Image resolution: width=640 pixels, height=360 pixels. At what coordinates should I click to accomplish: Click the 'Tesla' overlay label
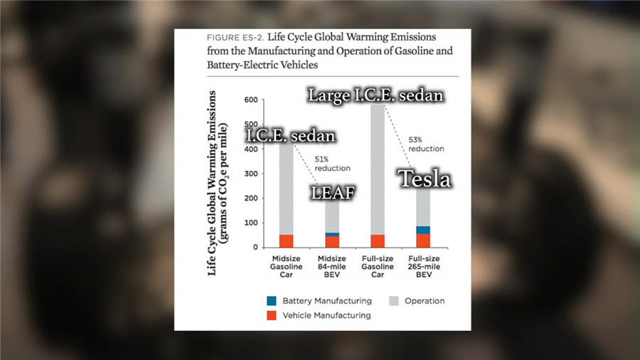pyautogui.click(x=424, y=179)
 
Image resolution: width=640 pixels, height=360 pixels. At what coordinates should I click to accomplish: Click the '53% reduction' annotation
pyautogui.click(x=426, y=144)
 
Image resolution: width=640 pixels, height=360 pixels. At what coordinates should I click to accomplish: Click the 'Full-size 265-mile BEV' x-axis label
pyautogui.click(x=423, y=266)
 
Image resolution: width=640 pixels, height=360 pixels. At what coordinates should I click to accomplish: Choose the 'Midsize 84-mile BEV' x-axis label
pyautogui.click(x=331, y=266)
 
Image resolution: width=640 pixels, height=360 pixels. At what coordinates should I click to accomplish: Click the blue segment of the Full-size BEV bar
pyautogui.click(x=423, y=230)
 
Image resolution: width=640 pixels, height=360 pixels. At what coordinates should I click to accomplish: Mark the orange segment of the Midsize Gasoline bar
pyautogui.click(x=285, y=240)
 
